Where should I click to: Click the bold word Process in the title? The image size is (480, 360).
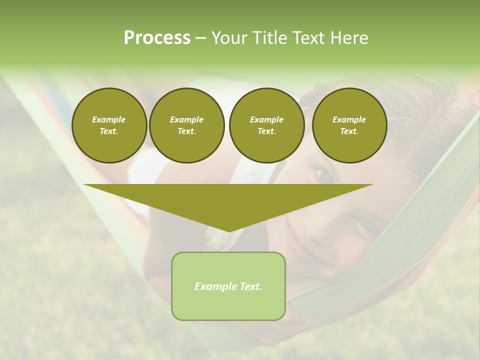[157, 38]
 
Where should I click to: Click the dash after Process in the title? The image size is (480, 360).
[200, 38]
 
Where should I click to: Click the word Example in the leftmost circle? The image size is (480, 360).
[109, 119]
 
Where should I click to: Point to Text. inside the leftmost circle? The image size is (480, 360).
[109, 131]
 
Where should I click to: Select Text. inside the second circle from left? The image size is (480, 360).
[186, 131]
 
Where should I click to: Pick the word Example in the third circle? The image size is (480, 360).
[266, 119]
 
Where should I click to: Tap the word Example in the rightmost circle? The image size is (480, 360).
[349, 119]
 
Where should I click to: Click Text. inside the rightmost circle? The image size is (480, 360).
[349, 131]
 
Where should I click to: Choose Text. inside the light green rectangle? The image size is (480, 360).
[250, 286]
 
